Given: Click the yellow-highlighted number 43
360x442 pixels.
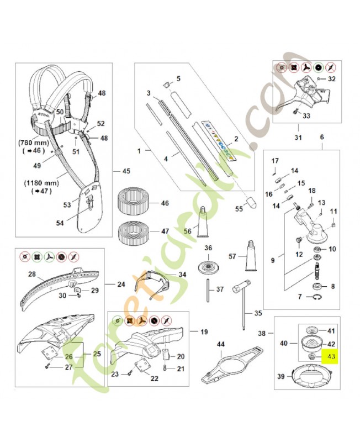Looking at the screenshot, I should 331,357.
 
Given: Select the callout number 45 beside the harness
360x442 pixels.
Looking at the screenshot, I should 126,171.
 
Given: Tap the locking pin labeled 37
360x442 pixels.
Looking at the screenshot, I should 208,287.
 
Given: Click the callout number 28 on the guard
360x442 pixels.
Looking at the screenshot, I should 32,274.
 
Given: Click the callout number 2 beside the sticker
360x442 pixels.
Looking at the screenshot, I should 236,140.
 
